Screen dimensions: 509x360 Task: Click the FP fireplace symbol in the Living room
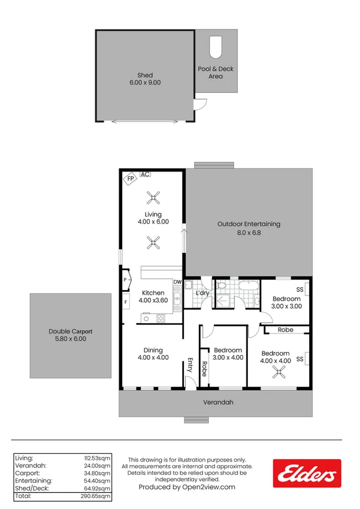tap(129, 179)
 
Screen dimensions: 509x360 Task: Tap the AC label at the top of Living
tap(145, 174)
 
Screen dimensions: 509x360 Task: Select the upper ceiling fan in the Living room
tap(154, 197)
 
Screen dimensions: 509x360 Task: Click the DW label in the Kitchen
tap(177, 282)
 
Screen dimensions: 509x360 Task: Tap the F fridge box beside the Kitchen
tap(126, 302)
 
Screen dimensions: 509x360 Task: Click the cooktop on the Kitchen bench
tap(161, 318)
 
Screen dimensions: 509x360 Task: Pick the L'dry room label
tap(202, 293)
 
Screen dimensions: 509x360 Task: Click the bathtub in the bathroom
tap(246, 286)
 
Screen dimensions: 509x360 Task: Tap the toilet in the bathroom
tap(221, 286)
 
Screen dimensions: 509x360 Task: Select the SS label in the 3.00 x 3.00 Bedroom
tap(300, 290)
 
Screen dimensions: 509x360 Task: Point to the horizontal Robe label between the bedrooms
tap(285, 330)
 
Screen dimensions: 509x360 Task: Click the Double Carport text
tap(71, 332)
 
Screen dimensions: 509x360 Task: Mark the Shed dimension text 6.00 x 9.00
tap(145, 83)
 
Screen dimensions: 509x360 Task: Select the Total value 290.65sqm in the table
tap(97, 496)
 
